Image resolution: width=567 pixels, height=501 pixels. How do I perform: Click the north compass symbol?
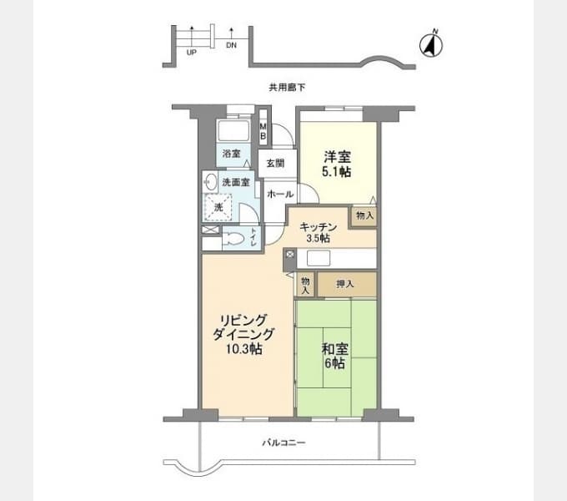pos(431,45)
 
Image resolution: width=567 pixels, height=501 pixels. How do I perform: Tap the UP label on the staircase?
pos(191,53)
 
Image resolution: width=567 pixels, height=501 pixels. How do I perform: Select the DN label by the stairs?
pos(232,45)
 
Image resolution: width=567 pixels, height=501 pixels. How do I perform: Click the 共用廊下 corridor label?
pos(287,87)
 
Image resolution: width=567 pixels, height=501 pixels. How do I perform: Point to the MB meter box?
pos(263,131)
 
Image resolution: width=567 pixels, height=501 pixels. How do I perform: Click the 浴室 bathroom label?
pos(232,154)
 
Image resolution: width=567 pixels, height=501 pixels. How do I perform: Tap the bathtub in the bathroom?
pos(233,131)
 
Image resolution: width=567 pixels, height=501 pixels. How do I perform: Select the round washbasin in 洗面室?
pos(211,181)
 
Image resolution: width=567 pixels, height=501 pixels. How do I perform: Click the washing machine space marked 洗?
pos(218,207)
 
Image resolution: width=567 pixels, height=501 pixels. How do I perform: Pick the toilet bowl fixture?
pos(234,239)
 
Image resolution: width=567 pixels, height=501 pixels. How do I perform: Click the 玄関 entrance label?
pos(275,164)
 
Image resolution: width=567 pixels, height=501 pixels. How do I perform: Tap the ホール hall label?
pos(280,195)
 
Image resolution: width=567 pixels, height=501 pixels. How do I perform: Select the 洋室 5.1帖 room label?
pos(337,164)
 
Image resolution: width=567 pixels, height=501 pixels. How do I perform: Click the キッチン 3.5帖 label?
pos(319,232)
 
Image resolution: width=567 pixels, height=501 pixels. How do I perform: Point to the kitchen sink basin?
pos(319,259)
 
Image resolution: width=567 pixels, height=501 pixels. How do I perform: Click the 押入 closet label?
pos(345,284)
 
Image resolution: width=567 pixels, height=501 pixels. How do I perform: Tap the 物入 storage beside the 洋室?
pos(365,215)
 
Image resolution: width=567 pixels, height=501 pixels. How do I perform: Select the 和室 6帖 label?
pos(335,356)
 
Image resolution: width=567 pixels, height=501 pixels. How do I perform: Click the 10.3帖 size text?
pos(244,349)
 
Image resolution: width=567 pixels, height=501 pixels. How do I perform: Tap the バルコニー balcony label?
pos(284,443)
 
